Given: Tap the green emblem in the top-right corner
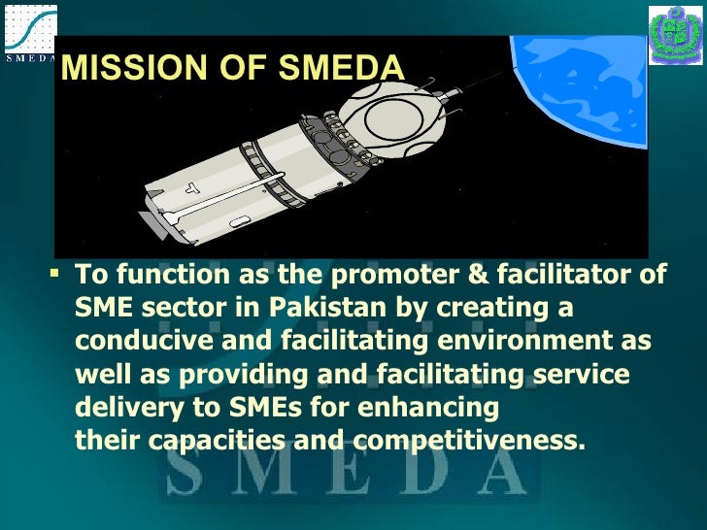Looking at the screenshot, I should tap(675, 35).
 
